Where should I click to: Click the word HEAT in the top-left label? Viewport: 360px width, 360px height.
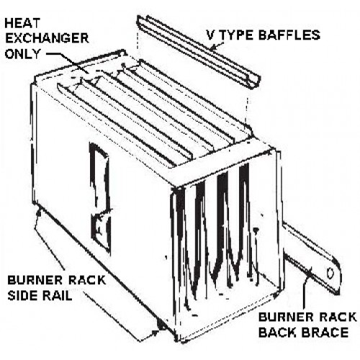tap(22, 23)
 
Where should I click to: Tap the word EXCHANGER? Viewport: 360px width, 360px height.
tap(47, 38)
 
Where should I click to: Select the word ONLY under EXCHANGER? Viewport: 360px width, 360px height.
tap(22, 54)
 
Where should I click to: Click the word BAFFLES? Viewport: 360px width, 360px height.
tap(289, 35)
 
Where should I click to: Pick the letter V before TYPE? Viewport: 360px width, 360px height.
tap(211, 35)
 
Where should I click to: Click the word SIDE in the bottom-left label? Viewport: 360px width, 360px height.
tap(22, 296)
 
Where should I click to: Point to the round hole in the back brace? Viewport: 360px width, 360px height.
tap(330, 273)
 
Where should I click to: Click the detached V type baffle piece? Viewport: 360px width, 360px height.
tap(199, 52)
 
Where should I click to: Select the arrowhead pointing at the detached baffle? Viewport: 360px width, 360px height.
tap(212, 48)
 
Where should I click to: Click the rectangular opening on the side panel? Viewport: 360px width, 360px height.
tap(100, 196)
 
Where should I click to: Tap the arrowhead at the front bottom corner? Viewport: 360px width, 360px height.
tap(156, 332)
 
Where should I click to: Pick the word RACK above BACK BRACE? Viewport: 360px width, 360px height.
tap(338, 317)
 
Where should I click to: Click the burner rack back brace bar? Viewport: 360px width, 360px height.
tap(312, 259)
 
